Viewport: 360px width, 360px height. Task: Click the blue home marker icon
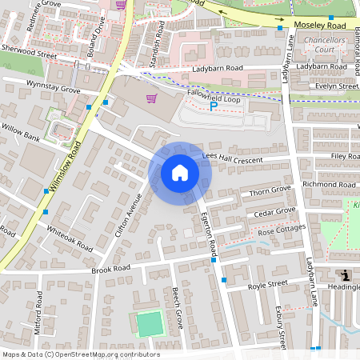tap(180, 173)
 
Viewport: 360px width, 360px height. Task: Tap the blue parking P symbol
tap(213, 106)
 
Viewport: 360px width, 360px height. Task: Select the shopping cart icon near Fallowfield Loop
tap(150, 98)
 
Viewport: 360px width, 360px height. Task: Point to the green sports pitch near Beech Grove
tap(149, 324)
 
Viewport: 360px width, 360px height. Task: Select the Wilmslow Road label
tap(66, 168)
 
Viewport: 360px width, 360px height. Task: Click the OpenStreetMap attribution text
tap(81, 354)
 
